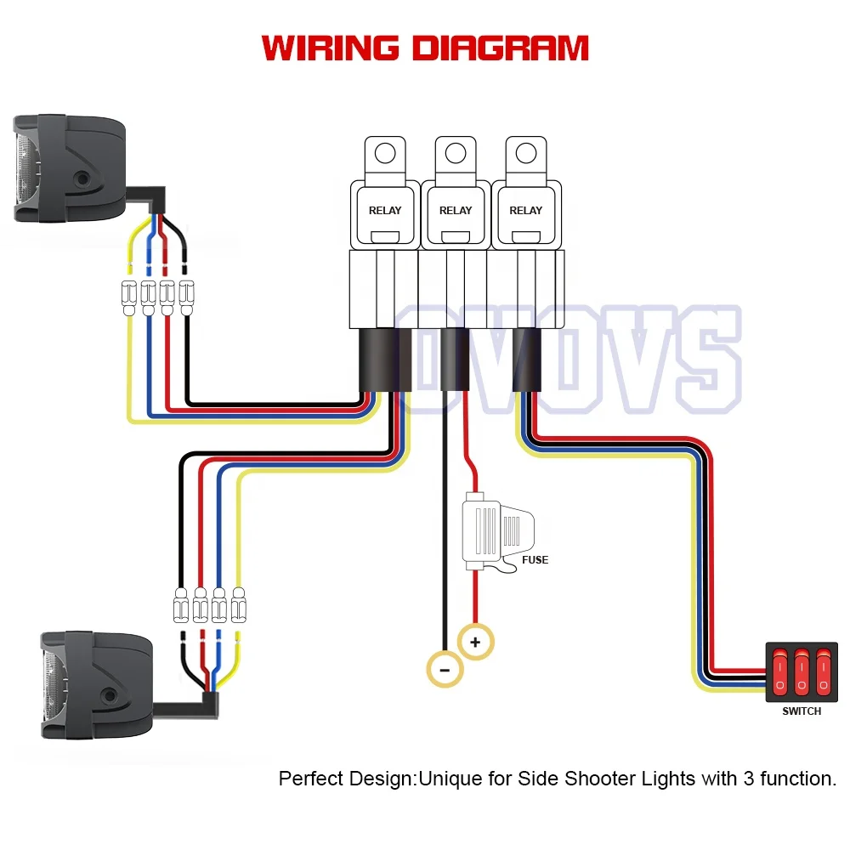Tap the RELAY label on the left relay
(385, 210)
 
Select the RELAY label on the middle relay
(456, 210)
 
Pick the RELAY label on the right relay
(526, 210)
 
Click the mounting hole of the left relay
(385, 154)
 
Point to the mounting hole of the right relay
(526, 154)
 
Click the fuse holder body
(493, 532)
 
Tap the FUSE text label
(535, 560)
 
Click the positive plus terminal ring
(474, 643)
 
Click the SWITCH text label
(802, 711)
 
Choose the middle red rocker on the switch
(801, 671)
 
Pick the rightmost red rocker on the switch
(822, 671)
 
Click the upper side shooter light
(68, 170)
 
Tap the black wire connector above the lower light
(181, 606)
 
